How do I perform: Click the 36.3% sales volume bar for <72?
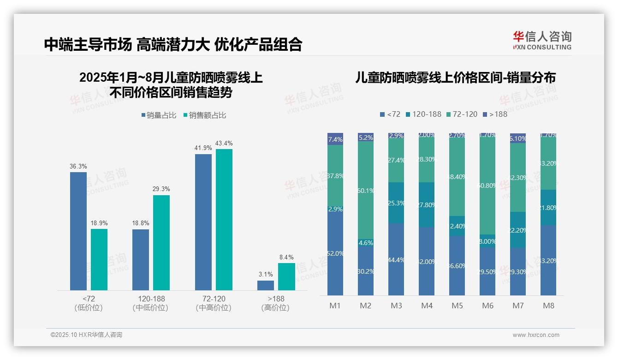tap(78, 231)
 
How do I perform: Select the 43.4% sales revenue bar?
tap(224, 219)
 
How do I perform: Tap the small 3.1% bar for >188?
tap(265, 285)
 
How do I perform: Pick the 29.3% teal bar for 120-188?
tap(161, 242)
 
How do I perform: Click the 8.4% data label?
tap(286, 257)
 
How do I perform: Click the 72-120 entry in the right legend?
tap(462, 114)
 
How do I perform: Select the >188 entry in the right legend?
tap(494, 114)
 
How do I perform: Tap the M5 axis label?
tap(457, 306)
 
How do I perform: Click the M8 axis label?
tap(548, 306)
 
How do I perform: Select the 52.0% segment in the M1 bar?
tap(335, 253)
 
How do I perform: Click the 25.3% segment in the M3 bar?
tap(396, 203)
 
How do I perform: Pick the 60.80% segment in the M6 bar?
tap(487, 186)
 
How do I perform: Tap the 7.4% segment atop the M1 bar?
tap(335, 139)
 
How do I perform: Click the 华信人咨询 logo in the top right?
tap(542, 40)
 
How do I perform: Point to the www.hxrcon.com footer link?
tap(536, 335)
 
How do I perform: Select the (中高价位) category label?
tap(214, 308)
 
